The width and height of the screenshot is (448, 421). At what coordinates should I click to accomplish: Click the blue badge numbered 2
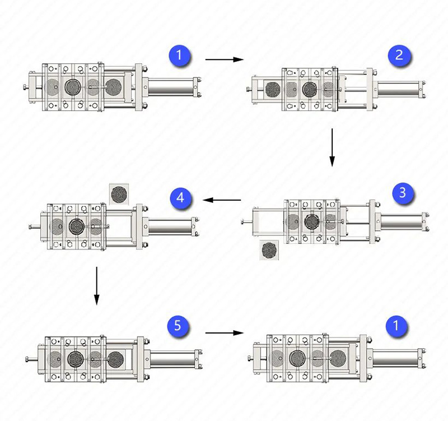(399, 55)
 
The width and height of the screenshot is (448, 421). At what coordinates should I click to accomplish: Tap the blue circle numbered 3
(403, 193)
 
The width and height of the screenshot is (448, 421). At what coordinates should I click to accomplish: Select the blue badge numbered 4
(180, 198)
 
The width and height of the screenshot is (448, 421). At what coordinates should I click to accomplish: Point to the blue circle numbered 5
(178, 326)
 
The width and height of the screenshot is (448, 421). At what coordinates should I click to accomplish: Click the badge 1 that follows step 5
(396, 326)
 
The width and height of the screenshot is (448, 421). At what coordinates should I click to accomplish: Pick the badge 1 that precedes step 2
(179, 55)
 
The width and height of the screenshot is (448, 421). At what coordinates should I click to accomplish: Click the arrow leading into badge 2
(225, 59)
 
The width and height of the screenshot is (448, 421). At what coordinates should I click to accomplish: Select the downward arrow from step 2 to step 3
(332, 147)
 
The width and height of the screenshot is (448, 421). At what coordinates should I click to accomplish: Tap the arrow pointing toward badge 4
(222, 200)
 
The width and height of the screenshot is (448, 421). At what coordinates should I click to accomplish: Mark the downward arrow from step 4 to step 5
(96, 286)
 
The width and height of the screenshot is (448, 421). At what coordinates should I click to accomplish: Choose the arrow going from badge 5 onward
(225, 332)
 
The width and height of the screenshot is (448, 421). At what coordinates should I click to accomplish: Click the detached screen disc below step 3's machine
(269, 250)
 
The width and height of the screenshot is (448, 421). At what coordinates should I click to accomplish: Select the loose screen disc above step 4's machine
(119, 194)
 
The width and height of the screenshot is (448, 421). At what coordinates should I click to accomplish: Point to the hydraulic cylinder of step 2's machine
(400, 89)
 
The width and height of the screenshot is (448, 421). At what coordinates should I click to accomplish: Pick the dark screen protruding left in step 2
(273, 89)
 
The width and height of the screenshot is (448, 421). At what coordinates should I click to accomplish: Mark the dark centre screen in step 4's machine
(77, 226)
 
